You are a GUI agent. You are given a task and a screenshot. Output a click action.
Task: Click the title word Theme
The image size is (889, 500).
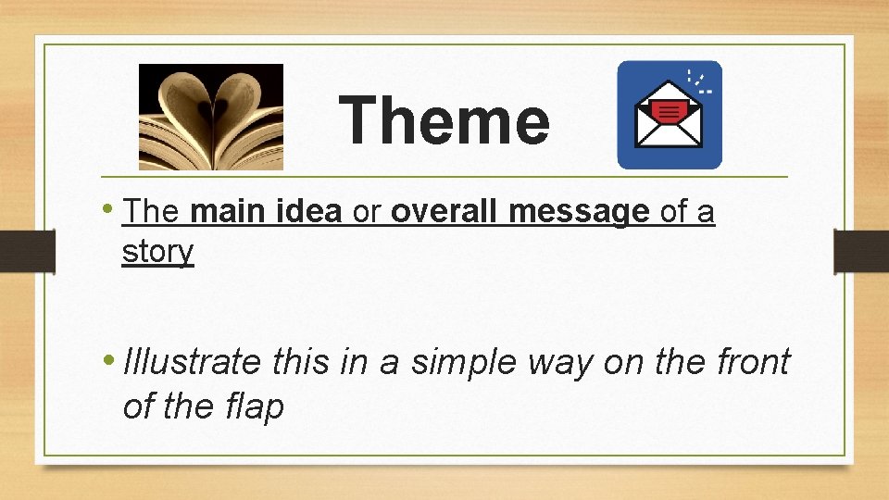pos(444,121)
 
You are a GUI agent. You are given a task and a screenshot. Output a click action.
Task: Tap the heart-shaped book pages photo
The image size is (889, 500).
pos(211,117)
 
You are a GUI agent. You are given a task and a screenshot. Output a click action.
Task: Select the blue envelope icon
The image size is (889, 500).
pos(670,115)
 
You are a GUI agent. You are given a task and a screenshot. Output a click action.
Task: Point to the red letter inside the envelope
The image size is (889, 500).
pos(668,112)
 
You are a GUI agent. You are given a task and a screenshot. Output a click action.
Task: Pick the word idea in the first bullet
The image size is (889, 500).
pos(310,212)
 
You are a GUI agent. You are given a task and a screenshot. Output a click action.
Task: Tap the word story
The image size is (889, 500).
pos(157,251)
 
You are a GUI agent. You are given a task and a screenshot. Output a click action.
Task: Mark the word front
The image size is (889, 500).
pos(753,361)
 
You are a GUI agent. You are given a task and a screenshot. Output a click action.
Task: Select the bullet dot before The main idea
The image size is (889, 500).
pos(111,209)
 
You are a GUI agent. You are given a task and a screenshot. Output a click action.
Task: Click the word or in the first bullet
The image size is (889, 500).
pos(368,213)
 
